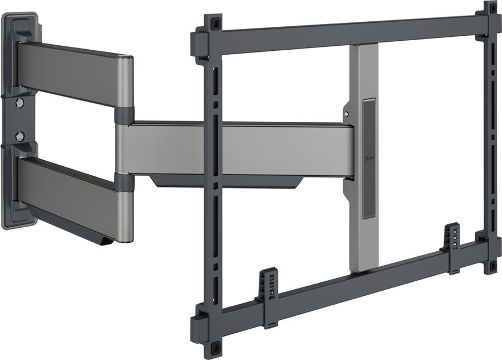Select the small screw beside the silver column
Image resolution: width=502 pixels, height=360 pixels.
pyautogui.click(x=347, y=113)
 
